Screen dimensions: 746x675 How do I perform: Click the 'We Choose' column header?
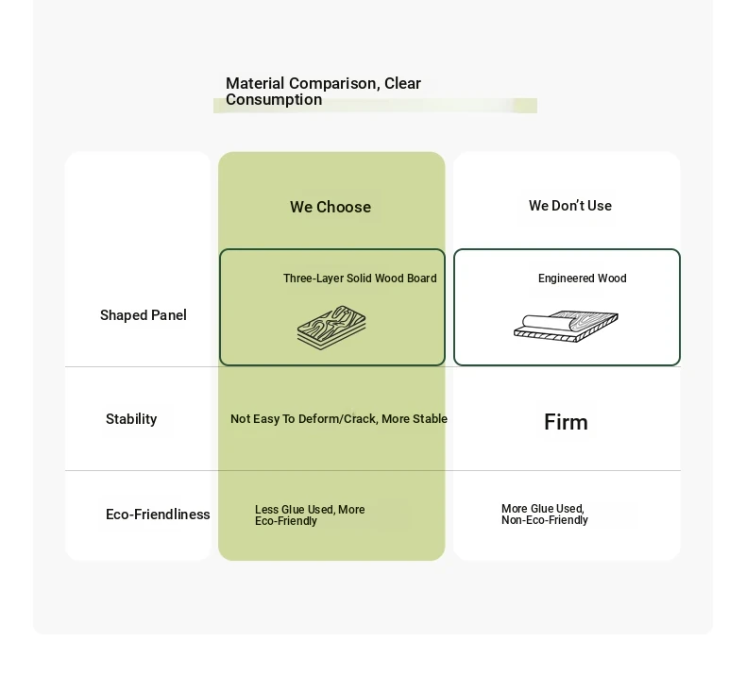pos(331,207)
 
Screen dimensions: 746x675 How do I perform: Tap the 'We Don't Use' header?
pos(570,206)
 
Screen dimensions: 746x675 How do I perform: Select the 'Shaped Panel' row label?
pos(144,315)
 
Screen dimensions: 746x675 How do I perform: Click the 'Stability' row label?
pos(131,419)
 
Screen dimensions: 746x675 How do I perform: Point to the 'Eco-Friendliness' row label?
pos(158,515)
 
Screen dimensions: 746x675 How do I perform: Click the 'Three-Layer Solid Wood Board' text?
pos(360,278)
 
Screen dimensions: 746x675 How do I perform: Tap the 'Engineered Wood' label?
pos(583,278)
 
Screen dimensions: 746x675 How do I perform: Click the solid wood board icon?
pos(331,328)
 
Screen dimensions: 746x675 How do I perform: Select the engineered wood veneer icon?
pos(566,326)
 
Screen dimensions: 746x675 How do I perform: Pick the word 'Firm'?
pos(566,422)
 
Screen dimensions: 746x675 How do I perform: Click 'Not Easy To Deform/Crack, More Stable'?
pos(339,419)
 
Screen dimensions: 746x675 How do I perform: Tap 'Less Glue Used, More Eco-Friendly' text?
pos(310,515)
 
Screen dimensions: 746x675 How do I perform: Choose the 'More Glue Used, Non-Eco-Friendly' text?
pos(545,515)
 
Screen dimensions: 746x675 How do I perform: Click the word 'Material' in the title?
pos(255,83)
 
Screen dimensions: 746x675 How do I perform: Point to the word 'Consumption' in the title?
pos(274,99)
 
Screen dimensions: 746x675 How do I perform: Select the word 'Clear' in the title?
pos(403,83)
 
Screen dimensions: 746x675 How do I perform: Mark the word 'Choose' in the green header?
pos(344,207)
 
